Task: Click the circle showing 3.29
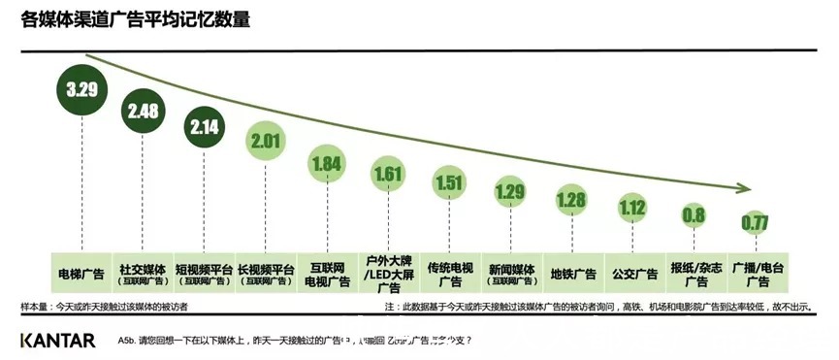(82, 90)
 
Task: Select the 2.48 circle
(143, 111)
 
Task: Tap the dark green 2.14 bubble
(206, 127)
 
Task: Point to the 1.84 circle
(328, 162)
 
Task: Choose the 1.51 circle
(450, 183)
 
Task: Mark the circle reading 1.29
(511, 191)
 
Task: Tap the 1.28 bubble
(572, 200)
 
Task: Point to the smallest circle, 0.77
(755, 222)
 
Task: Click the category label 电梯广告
(82, 274)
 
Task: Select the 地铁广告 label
(572, 274)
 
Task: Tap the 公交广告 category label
(633, 274)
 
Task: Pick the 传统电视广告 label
(450, 274)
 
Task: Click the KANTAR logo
(58, 341)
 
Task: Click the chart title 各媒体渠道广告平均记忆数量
(135, 18)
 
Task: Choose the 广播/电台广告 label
(755, 274)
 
